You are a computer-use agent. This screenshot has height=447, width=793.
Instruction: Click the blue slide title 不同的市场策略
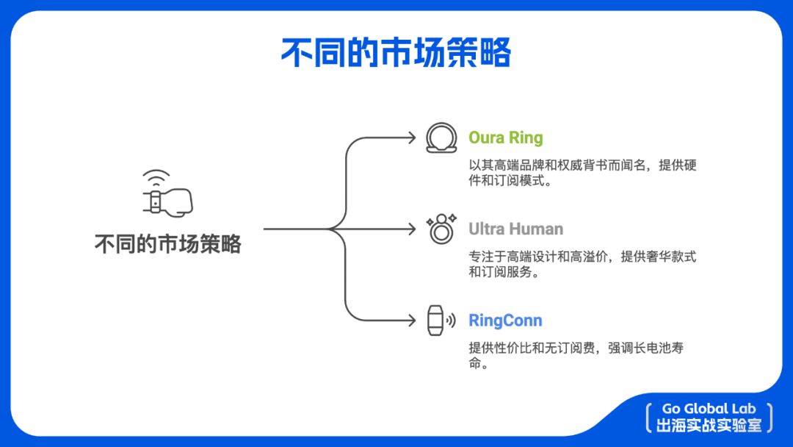tap(396, 54)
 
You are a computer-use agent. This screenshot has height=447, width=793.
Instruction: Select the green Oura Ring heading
tap(506, 137)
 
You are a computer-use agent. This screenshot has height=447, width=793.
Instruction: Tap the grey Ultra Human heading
tap(516, 229)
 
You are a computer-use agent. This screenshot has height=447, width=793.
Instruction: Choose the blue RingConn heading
tap(505, 321)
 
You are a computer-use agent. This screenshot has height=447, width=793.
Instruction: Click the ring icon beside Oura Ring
tap(441, 138)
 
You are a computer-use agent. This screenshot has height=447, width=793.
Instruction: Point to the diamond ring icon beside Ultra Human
tap(441, 229)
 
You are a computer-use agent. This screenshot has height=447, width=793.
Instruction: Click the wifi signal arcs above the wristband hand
tap(156, 178)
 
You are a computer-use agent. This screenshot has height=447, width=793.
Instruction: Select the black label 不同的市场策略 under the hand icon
tap(167, 244)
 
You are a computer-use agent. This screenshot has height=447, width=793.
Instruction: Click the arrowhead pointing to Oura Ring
tap(413, 137)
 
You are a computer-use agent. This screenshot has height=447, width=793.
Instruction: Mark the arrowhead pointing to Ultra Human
tap(413, 229)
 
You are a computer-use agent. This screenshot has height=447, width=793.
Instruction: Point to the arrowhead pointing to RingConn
tap(413, 321)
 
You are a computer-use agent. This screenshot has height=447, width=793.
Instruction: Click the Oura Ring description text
tap(582, 173)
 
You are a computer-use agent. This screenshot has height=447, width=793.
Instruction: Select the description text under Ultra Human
tap(582, 264)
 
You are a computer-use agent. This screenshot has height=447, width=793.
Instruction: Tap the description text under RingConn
tap(576, 355)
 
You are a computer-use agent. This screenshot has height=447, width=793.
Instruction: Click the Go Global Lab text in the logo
tap(709, 409)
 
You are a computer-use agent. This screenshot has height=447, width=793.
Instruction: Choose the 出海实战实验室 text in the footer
tap(709, 426)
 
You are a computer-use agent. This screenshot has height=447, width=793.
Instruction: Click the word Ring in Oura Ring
tap(526, 137)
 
